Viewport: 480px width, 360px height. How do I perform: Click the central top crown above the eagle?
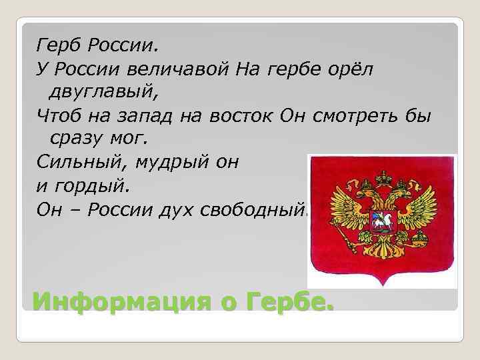(383, 178)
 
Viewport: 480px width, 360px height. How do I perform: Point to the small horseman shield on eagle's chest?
(383, 224)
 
